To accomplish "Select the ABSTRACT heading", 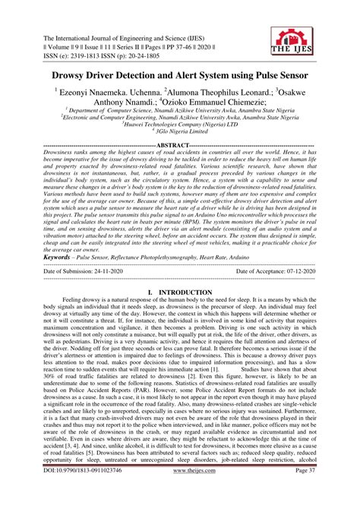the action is pyautogui.click(x=180, y=144).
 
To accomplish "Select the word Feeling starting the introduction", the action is pyautogui.click(x=77, y=280).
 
